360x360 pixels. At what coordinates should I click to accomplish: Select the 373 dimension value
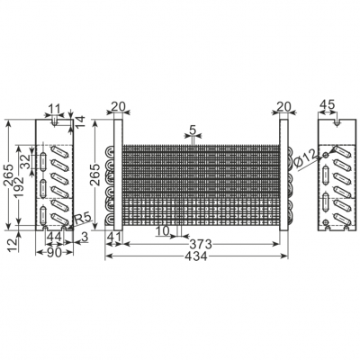tap(202, 244)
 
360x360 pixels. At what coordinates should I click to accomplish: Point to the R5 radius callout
tap(82, 220)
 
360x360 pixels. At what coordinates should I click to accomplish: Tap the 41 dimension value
tap(113, 238)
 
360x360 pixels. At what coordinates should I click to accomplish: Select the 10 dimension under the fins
tap(162, 231)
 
